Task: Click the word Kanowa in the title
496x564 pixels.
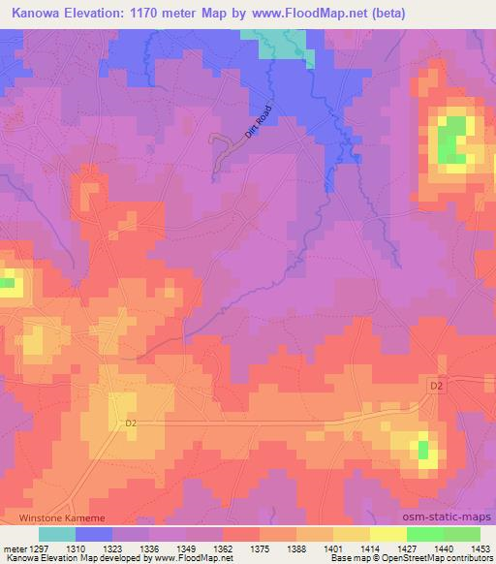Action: (x=34, y=13)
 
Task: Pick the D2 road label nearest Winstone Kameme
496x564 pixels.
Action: (x=133, y=423)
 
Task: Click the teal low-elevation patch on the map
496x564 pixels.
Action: (x=281, y=42)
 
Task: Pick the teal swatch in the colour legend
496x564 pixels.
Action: (x=58, y=533)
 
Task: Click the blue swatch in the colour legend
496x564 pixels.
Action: (x=95, y=533)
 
